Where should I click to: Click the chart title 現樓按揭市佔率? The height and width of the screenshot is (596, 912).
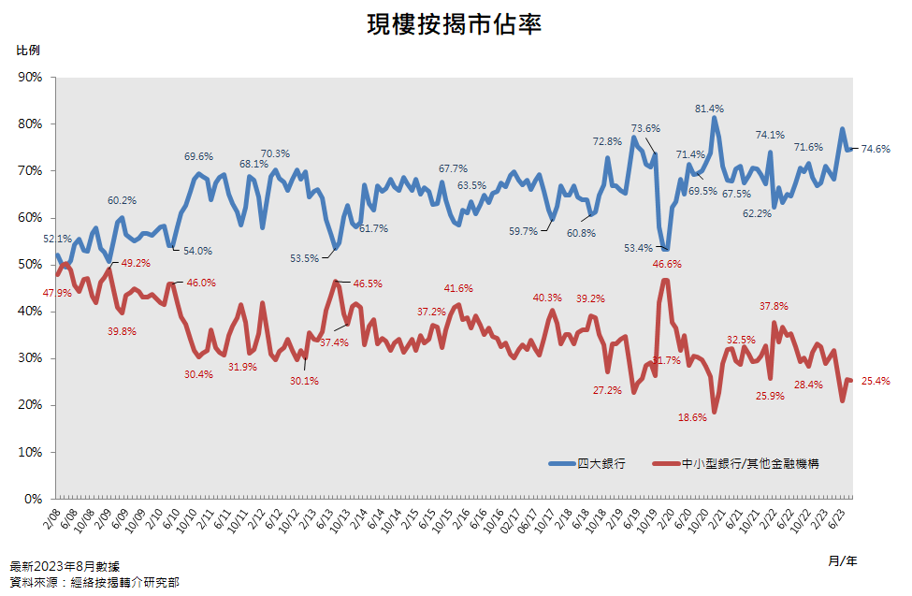(x=456, y=25)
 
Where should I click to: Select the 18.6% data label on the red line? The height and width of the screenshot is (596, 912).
(x=692, y=417)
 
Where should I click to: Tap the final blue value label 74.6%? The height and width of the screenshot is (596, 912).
(x=876, y=149)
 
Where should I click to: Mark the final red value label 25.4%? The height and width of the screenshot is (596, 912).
(x=876, y=381)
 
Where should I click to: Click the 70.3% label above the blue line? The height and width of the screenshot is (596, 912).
(x=275, y=153)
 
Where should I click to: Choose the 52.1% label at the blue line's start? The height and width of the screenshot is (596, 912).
(x=57, y=240)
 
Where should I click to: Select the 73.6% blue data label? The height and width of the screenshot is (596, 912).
(x=645, y=128)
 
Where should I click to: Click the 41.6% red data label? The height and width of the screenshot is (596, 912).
(x=458, y=288)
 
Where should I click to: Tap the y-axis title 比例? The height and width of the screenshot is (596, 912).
(x=28, y=50)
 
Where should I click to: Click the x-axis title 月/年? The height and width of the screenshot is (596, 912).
(x=842, y=560)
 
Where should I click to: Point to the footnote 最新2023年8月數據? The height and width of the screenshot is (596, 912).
(x=65, y=566)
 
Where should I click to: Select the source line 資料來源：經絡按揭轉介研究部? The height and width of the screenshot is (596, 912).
(x=94, y=582)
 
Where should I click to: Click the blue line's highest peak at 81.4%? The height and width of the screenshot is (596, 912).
(x=715, y=118)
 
